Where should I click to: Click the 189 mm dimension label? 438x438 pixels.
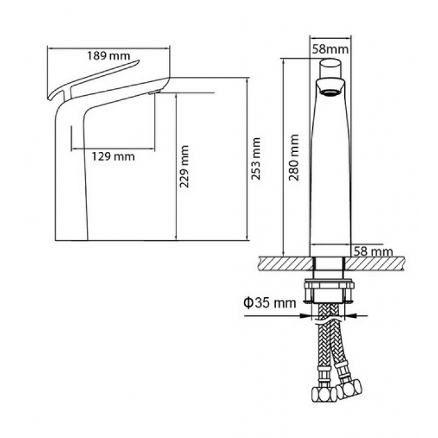109,56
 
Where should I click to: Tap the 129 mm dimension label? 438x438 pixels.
113,156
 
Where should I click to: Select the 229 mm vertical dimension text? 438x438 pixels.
184,166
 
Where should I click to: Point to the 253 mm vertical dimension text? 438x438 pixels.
256,159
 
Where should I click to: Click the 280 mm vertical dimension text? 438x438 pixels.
294,158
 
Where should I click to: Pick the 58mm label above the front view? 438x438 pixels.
330,49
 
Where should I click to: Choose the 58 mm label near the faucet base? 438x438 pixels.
373,252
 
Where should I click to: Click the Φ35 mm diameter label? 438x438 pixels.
270,302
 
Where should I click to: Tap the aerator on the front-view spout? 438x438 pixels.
330,93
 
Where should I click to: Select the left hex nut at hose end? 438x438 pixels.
324,394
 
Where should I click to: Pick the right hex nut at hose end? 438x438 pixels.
349,389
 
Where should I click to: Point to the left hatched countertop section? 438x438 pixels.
285,263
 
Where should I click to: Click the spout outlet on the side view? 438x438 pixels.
155,92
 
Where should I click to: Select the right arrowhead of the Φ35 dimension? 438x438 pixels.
350,316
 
